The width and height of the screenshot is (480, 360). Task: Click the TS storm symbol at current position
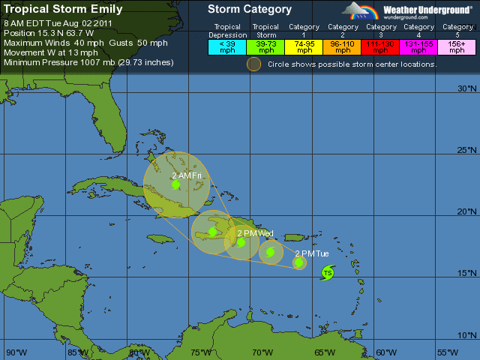pyautogui.click(x=328, y=274)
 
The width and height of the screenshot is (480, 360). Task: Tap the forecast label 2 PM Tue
pyautogui.click(x=311, y=253)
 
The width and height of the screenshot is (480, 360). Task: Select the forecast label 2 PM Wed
pyautogui.click(x=254, y=234)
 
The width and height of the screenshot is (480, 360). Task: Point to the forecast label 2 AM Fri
pyautogui.click(x=187, y=175)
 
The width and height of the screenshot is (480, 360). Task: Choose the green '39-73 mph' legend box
pyautogui.click(x=265, y=46)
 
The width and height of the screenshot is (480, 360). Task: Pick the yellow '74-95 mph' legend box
pyautogui.click(x=304, y=46)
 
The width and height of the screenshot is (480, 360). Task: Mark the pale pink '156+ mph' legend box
pyautogui.click(x=457, y=46)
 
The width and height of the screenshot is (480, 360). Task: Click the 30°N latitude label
pyautogui.click(x=466, y=89)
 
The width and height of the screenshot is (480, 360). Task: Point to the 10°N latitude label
pyautogui.click(x=466, y=335)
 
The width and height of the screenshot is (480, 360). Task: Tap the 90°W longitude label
pyautogui.click(x=16, y=352)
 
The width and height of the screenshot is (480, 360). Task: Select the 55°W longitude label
pyautogui.click(x=448, y=352)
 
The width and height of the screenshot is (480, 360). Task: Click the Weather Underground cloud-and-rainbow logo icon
pyautogui.click(x=360, y=10)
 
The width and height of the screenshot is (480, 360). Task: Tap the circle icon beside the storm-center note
pyautogui.click(x=254, y=64)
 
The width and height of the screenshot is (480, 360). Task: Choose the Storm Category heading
pyautogui.click(x=250, y=10)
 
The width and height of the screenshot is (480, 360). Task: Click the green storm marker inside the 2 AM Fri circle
pyautogui.click(x=175, y=184)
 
